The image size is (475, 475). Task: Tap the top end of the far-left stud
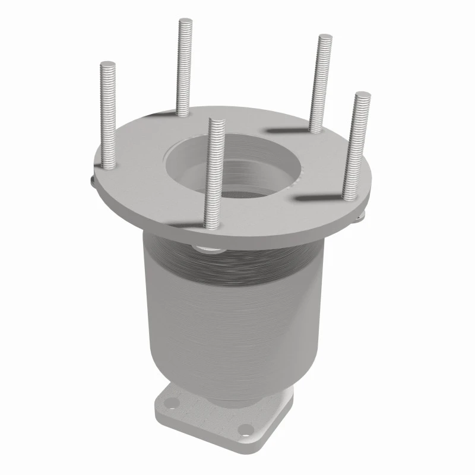[x=107, y=64]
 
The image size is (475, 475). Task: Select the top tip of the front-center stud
[x=217, y=122]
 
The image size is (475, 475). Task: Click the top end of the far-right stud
[x=362, y=94]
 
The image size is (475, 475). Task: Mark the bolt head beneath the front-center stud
[x=205, y=245]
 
